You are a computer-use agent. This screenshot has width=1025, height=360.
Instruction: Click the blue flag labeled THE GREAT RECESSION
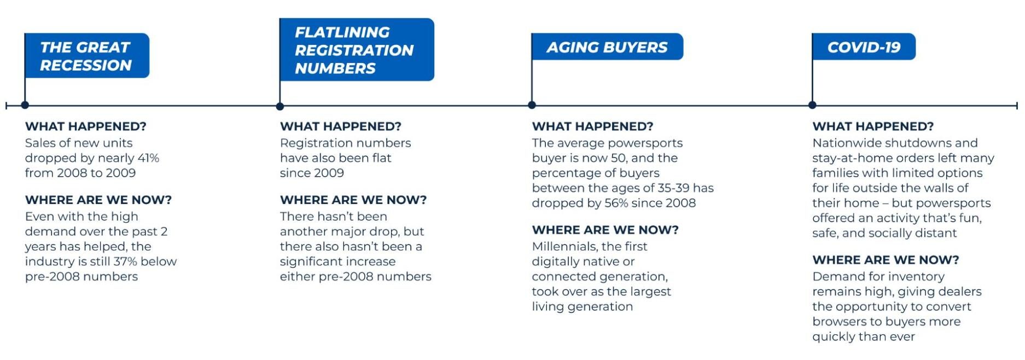point(87,56)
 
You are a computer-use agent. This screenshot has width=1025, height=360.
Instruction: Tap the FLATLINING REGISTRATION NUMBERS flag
point(357,50)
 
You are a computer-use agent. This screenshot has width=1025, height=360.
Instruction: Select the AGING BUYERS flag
point(607,47)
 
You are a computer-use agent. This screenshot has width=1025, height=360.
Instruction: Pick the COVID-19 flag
point(864,47)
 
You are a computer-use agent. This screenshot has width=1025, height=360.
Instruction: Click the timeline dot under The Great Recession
point(25,105)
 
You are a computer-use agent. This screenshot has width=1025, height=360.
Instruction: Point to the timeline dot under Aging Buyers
point(532,105)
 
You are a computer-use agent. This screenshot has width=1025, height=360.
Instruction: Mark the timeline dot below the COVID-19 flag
point(812,105)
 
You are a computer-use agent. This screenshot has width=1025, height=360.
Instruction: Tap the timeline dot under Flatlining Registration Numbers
point(280,106)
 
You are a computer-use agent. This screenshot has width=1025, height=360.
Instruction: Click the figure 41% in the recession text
point(148,158)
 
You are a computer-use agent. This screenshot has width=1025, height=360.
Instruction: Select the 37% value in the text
point(125,262)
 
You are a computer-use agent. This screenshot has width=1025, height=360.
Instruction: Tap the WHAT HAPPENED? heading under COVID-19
point(873,126)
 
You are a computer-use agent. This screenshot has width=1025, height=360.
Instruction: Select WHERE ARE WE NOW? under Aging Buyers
point(605,230)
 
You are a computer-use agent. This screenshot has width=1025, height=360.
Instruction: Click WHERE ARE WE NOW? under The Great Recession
point(98,200)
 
